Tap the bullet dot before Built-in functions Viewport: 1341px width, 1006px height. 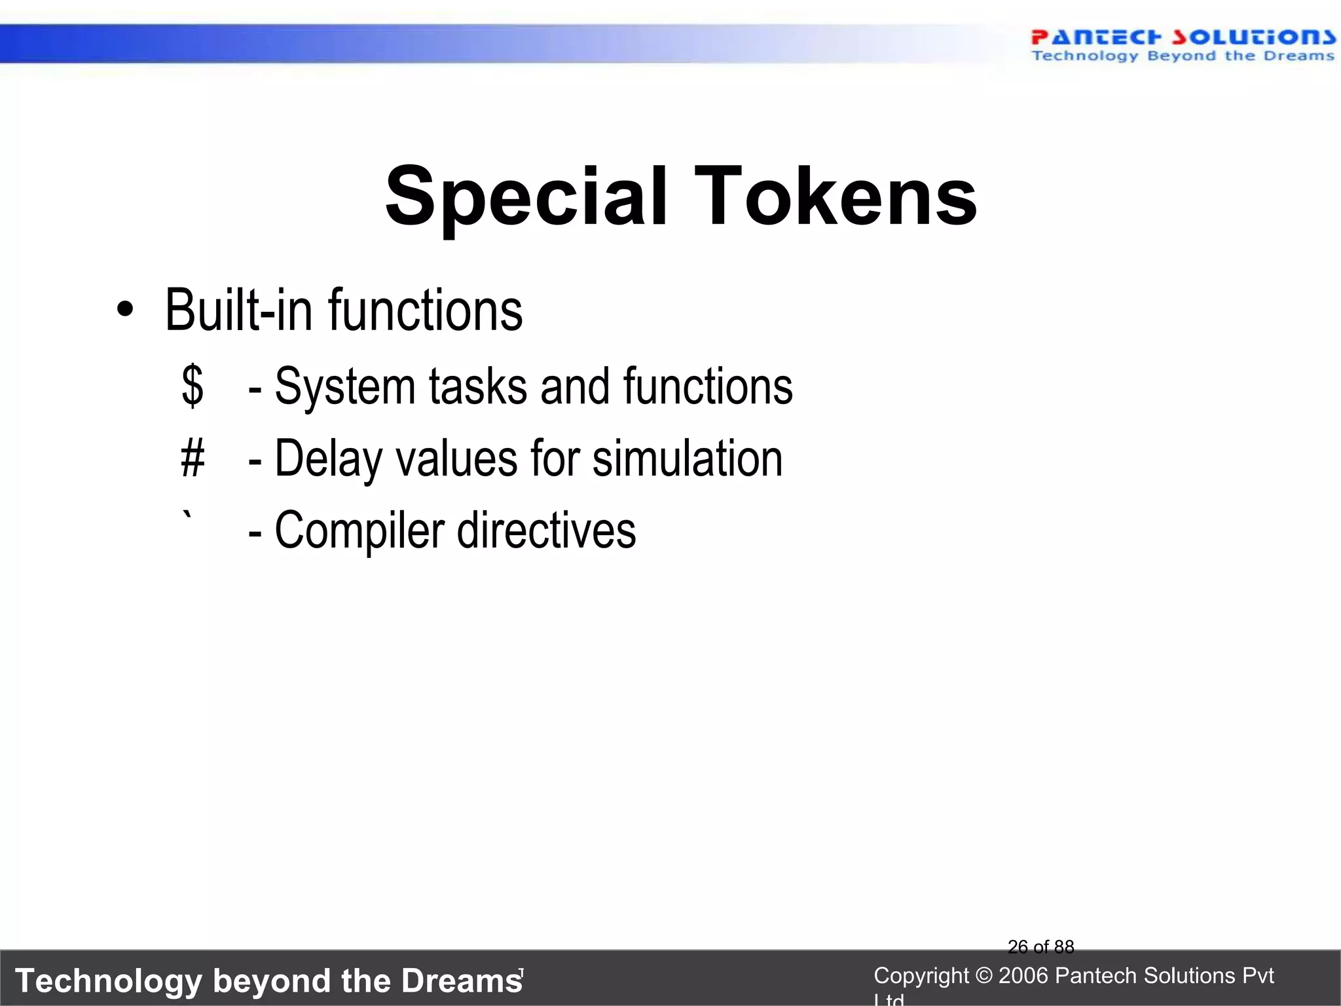124,310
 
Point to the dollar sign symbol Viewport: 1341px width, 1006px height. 193,386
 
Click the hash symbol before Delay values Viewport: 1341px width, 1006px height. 193,458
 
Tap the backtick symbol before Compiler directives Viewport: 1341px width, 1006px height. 188,517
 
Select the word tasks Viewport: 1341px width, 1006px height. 478,386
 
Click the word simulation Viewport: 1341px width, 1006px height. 688,458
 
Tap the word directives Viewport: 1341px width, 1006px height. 546,531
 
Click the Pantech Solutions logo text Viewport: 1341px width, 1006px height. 1183,37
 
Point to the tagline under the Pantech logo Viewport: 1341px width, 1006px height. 1183,56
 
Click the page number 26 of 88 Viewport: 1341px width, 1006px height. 1040,947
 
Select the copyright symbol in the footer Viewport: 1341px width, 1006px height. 983,976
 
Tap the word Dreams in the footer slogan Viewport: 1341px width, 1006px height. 461,981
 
